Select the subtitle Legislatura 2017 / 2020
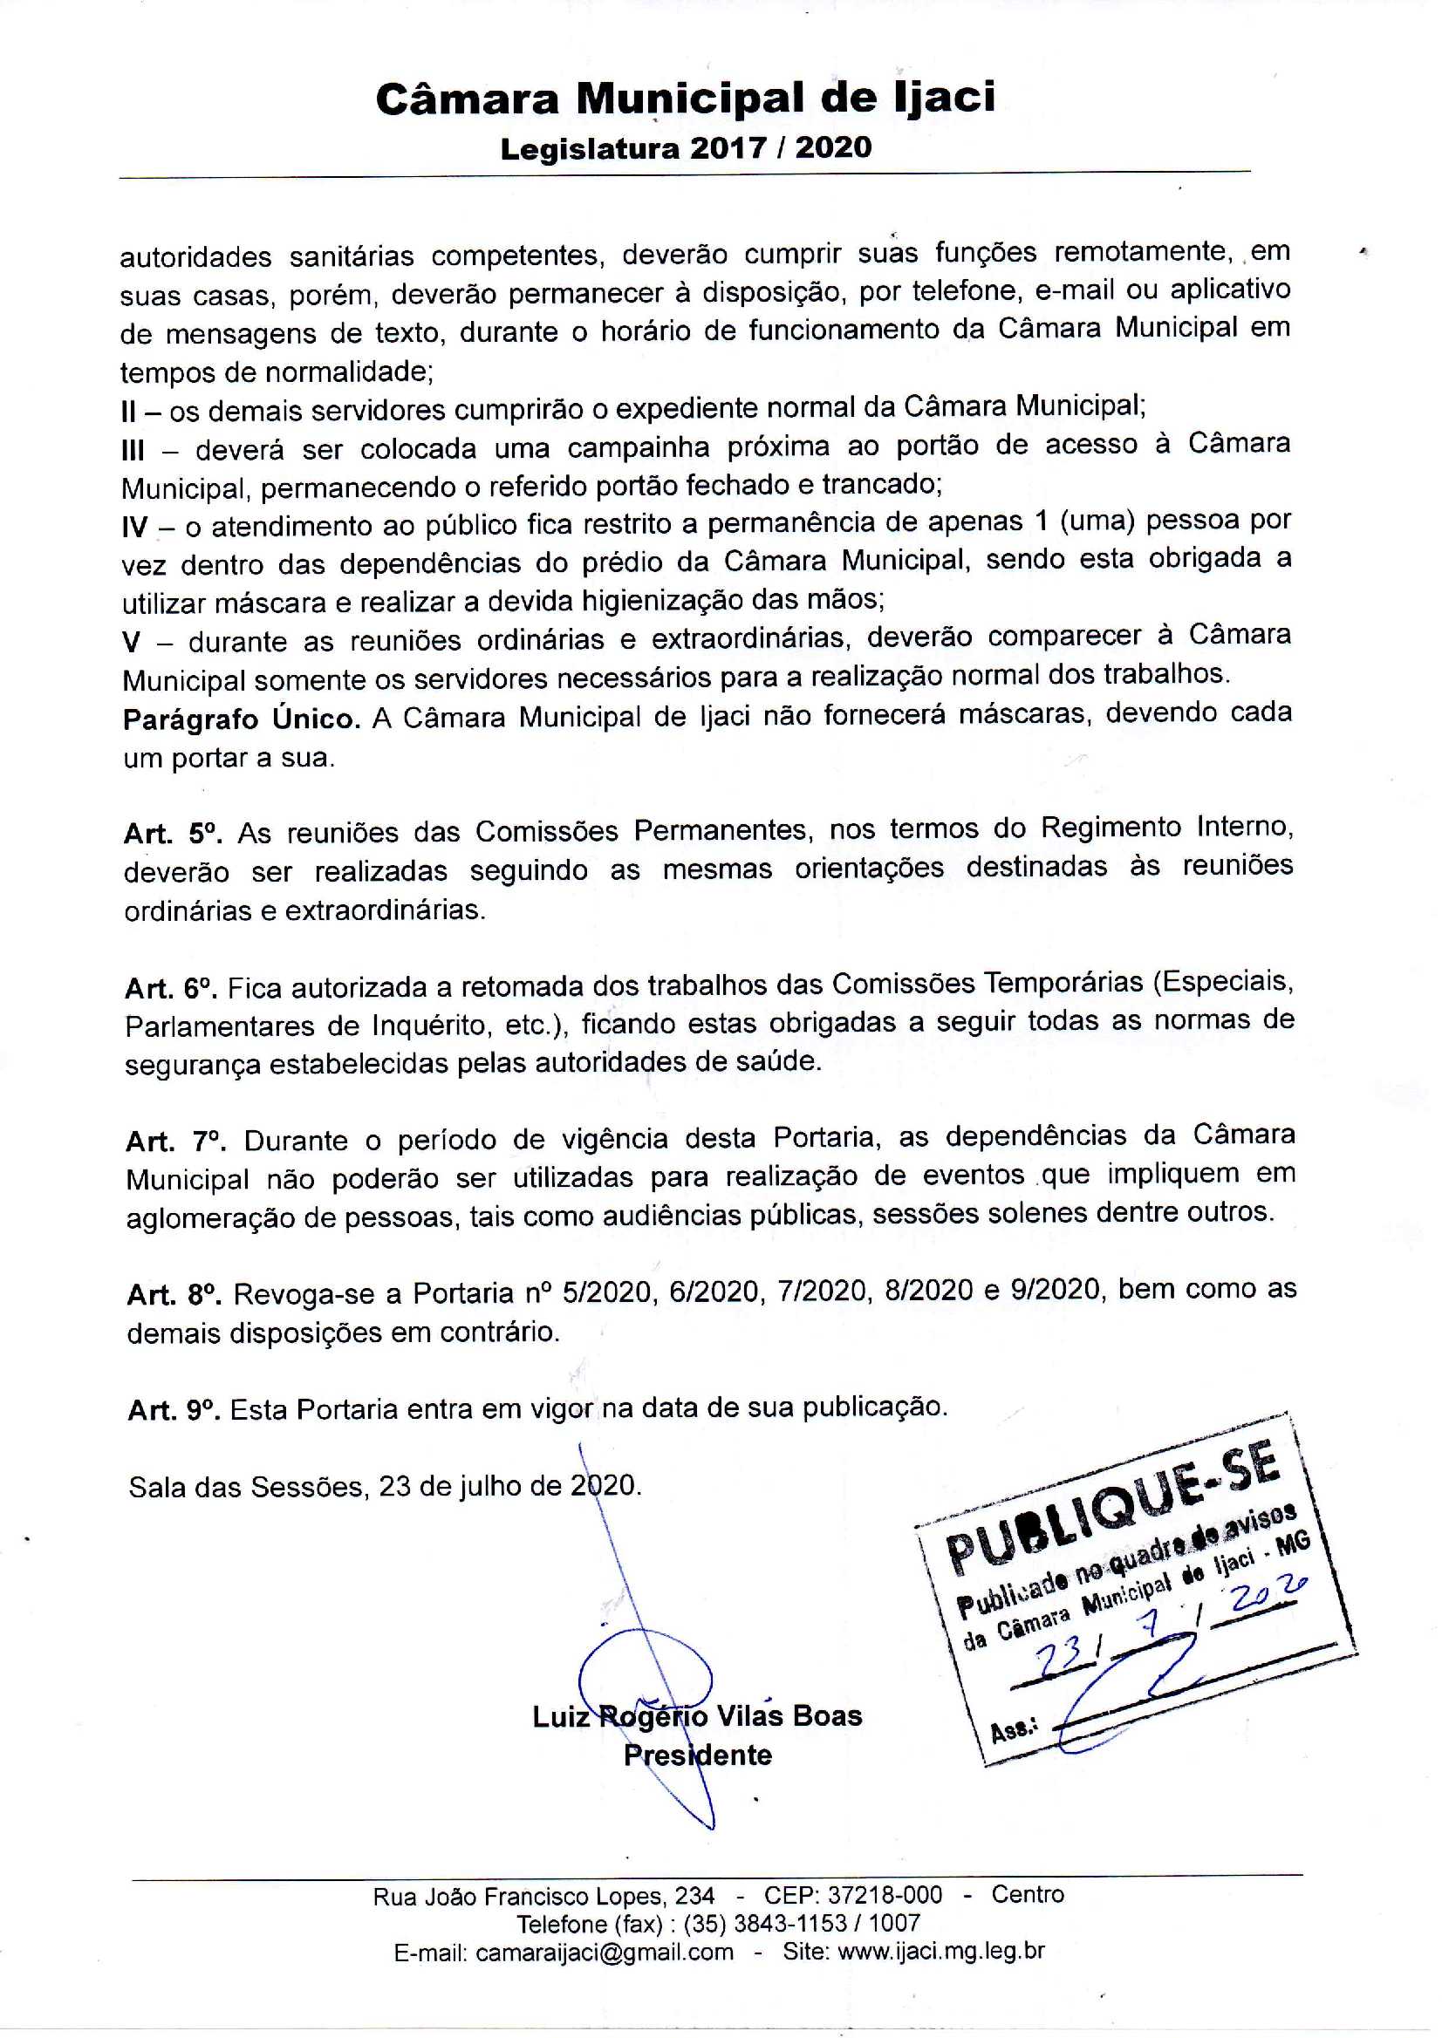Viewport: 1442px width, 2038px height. click(x=686, y=147)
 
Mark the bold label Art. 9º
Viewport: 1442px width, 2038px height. click(x=174, y=1409)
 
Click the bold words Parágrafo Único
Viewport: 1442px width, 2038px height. click(x=242, y=718)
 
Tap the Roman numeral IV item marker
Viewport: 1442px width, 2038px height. click(x=135, y=528)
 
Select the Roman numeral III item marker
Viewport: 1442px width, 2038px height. click(x=133, y=451)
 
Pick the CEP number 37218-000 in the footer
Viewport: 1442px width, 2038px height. click(x=885, y=1895)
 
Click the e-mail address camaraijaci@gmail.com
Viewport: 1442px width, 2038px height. click(x=604, y=1952)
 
